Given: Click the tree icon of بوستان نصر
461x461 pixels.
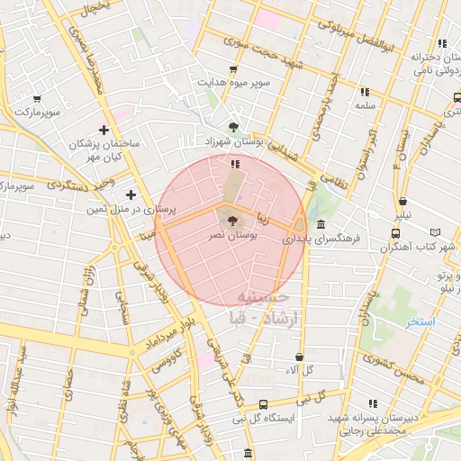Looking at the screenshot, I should [232, 219].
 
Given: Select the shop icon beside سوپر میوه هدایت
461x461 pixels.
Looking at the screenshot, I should [234, 69].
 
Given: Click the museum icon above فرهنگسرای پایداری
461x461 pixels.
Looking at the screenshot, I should [321, 225].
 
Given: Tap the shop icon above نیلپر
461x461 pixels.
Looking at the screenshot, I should [402, 202].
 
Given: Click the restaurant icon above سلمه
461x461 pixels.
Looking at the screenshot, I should [365, 92].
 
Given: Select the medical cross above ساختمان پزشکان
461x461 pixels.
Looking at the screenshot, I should [104, 130].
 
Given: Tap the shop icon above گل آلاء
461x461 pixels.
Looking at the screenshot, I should [299, 357].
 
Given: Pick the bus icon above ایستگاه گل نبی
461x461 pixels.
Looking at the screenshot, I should [263, 404].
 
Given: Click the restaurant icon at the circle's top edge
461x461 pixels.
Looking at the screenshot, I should [234, 164].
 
